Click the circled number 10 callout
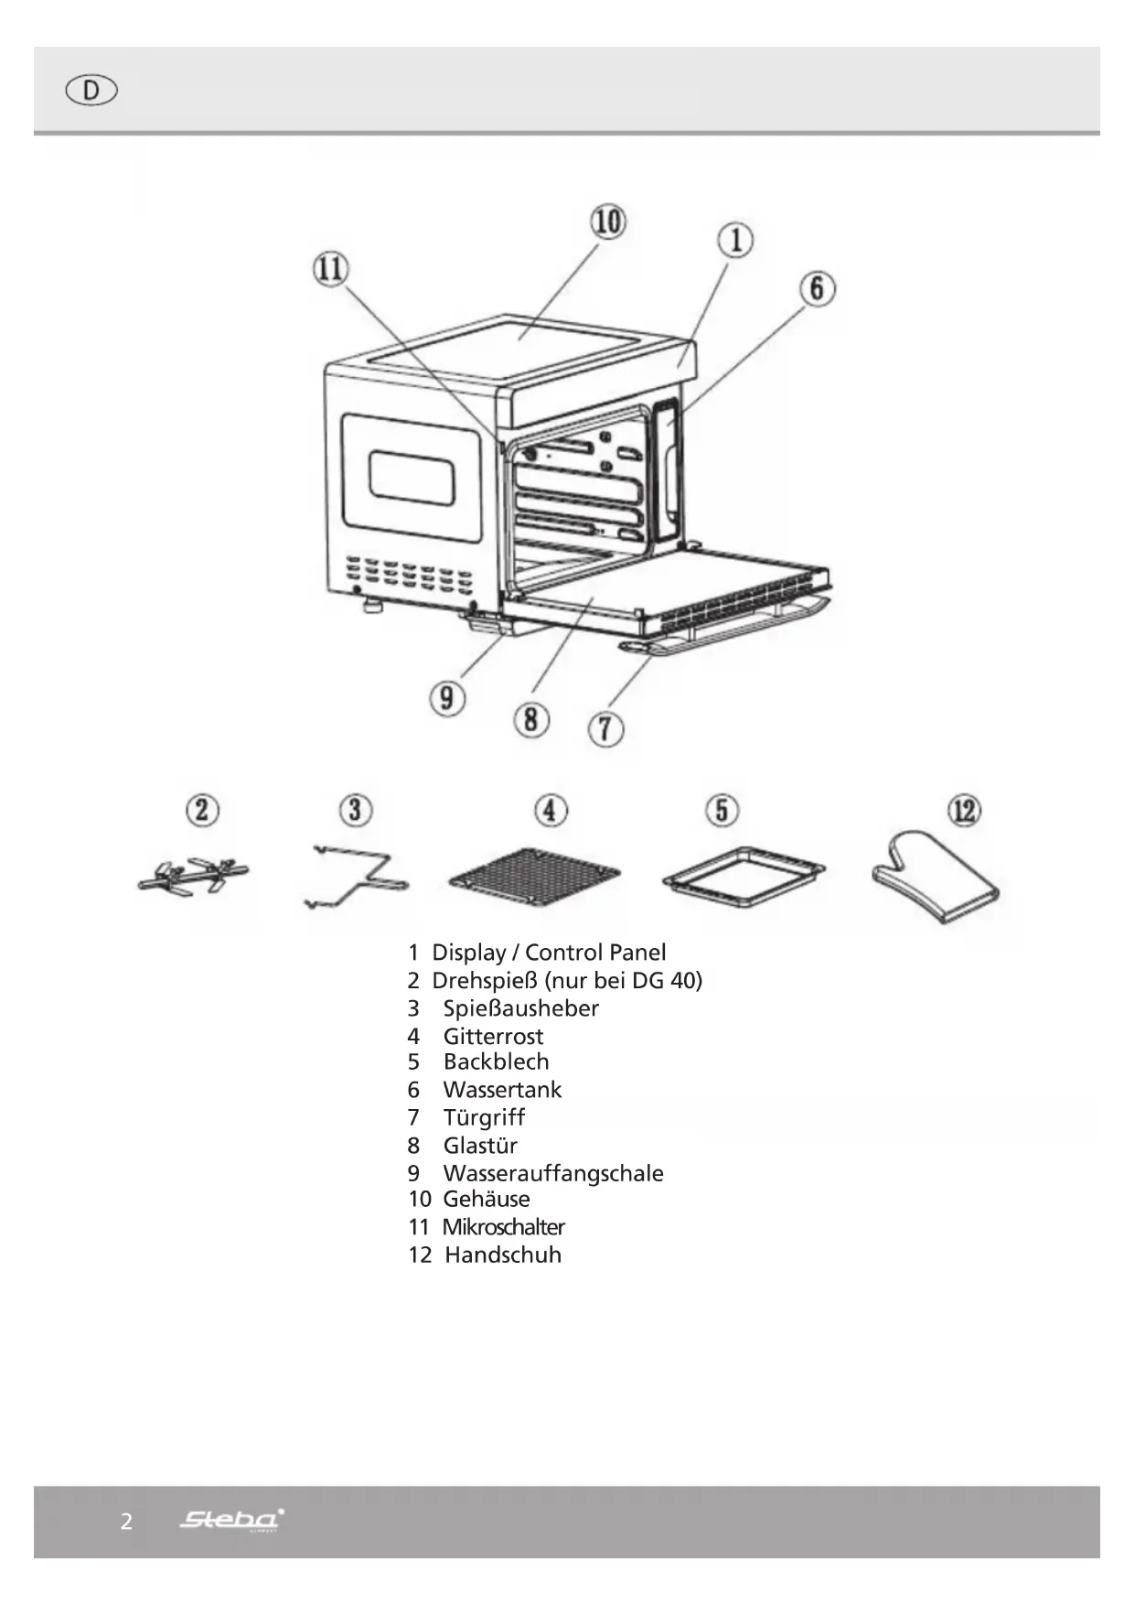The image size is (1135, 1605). (x=608, y=221)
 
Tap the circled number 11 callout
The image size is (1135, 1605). (x=331, y=269)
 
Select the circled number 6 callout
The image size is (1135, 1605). (x=817, y=288)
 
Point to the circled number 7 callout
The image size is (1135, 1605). (x=605, y=729)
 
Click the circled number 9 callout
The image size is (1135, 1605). (x=446, y=699)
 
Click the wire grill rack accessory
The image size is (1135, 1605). (x=535, y=876)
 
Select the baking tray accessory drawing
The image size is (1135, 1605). (x=744, y=876)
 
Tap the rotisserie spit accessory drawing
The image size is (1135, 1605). (x=193, y=877)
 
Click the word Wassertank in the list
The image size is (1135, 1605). (x=502, y=1090)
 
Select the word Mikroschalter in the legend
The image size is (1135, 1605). (x=503, y=1227)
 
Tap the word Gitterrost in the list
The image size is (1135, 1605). (x=493, y=1037)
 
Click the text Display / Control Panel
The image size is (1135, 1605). (x=549, y=953)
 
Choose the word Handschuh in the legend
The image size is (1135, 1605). (x=503, y=1255)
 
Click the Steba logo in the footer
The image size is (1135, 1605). (x=231, y=1520)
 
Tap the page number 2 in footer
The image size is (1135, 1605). (x=126, y=1522)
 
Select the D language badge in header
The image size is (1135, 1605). (x=91, y=91)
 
